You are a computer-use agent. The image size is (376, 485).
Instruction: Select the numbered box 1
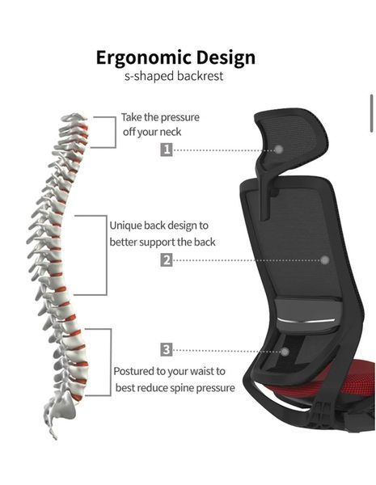[167, 150]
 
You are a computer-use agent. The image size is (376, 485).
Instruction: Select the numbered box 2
[167, 259]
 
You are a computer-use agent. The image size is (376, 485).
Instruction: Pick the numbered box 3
[167, 349]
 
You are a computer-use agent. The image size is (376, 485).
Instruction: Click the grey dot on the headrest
[279, 150]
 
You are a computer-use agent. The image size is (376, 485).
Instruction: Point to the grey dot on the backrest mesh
[324, 260]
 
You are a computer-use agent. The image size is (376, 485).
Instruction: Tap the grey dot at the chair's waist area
[285, 352]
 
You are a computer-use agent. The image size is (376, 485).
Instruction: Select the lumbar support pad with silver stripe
[308, 317]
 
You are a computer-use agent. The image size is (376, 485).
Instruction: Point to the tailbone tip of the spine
[56, 437]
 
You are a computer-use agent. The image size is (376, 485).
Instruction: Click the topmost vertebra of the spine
[74, 117]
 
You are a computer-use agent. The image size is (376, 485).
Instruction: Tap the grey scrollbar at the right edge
[371, 113]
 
